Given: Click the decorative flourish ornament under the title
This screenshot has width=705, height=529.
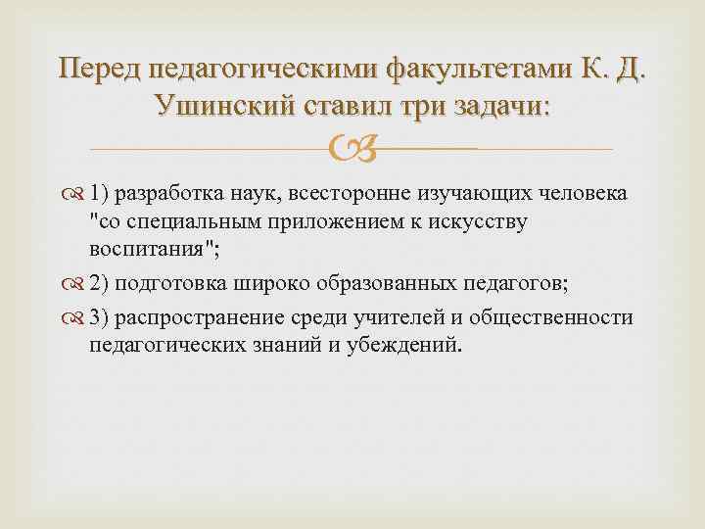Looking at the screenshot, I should [x=352, y=150].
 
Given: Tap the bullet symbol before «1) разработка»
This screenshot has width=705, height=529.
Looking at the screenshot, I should [x=76, y=194].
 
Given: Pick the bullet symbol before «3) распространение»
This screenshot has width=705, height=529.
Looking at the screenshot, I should [x=76, y=318].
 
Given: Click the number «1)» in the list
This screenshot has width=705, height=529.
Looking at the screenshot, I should [x=100, y=194].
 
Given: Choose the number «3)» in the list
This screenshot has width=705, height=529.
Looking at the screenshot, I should [x=100, y=318].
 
